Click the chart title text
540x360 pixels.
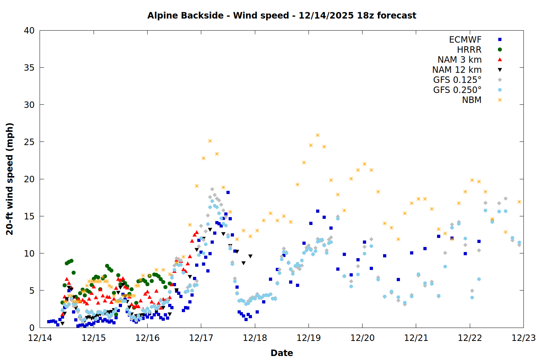pos(282,15)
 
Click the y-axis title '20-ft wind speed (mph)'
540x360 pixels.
pos(10,179)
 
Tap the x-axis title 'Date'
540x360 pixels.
pos(282,353)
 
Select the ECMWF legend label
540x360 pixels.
pos(465,40)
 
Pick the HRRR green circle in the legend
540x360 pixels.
pos(500,50)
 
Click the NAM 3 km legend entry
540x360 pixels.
pos(459,60)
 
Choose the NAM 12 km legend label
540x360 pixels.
pos(457,70)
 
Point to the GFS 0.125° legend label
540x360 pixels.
pos(457,80)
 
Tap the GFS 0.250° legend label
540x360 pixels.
pos(457,90)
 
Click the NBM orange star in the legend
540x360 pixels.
pos(500,100)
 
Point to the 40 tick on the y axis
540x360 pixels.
pos(29,31)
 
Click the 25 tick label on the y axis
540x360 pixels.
pos(29,142)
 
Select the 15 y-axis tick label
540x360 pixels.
pos(29,216)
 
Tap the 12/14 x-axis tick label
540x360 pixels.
pos(40,338)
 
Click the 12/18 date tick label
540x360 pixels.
pos(255,338)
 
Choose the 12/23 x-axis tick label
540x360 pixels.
pos(523,338)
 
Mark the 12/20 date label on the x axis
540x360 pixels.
pos(362,338)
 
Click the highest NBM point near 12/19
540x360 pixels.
pos(318,135)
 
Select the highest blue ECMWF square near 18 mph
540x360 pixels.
pos(228,193)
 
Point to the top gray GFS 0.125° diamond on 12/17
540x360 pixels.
pos(212,189)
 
